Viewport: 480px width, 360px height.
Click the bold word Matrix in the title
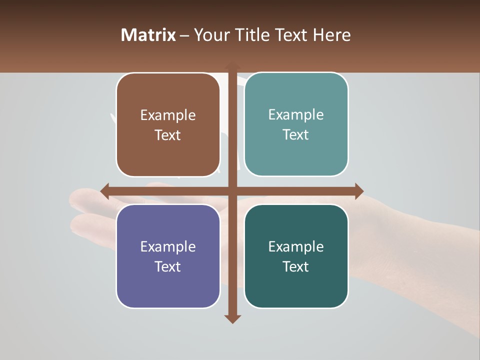pos(148,35)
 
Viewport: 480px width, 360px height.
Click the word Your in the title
pos(210,35)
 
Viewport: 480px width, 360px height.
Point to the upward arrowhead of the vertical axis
pos(232,66)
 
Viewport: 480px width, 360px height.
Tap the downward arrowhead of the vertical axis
pos(232,318)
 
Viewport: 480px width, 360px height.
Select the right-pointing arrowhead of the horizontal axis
pos(358,191)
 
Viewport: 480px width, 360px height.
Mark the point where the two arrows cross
pos(232,191)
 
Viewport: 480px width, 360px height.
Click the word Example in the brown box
pos(168,115)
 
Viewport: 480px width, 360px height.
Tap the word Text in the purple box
pos(168,266)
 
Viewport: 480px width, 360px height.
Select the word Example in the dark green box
pos(296,246)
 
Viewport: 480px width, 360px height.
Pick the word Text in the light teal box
pos(296,135)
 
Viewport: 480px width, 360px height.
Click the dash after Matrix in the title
pos(184,35)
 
